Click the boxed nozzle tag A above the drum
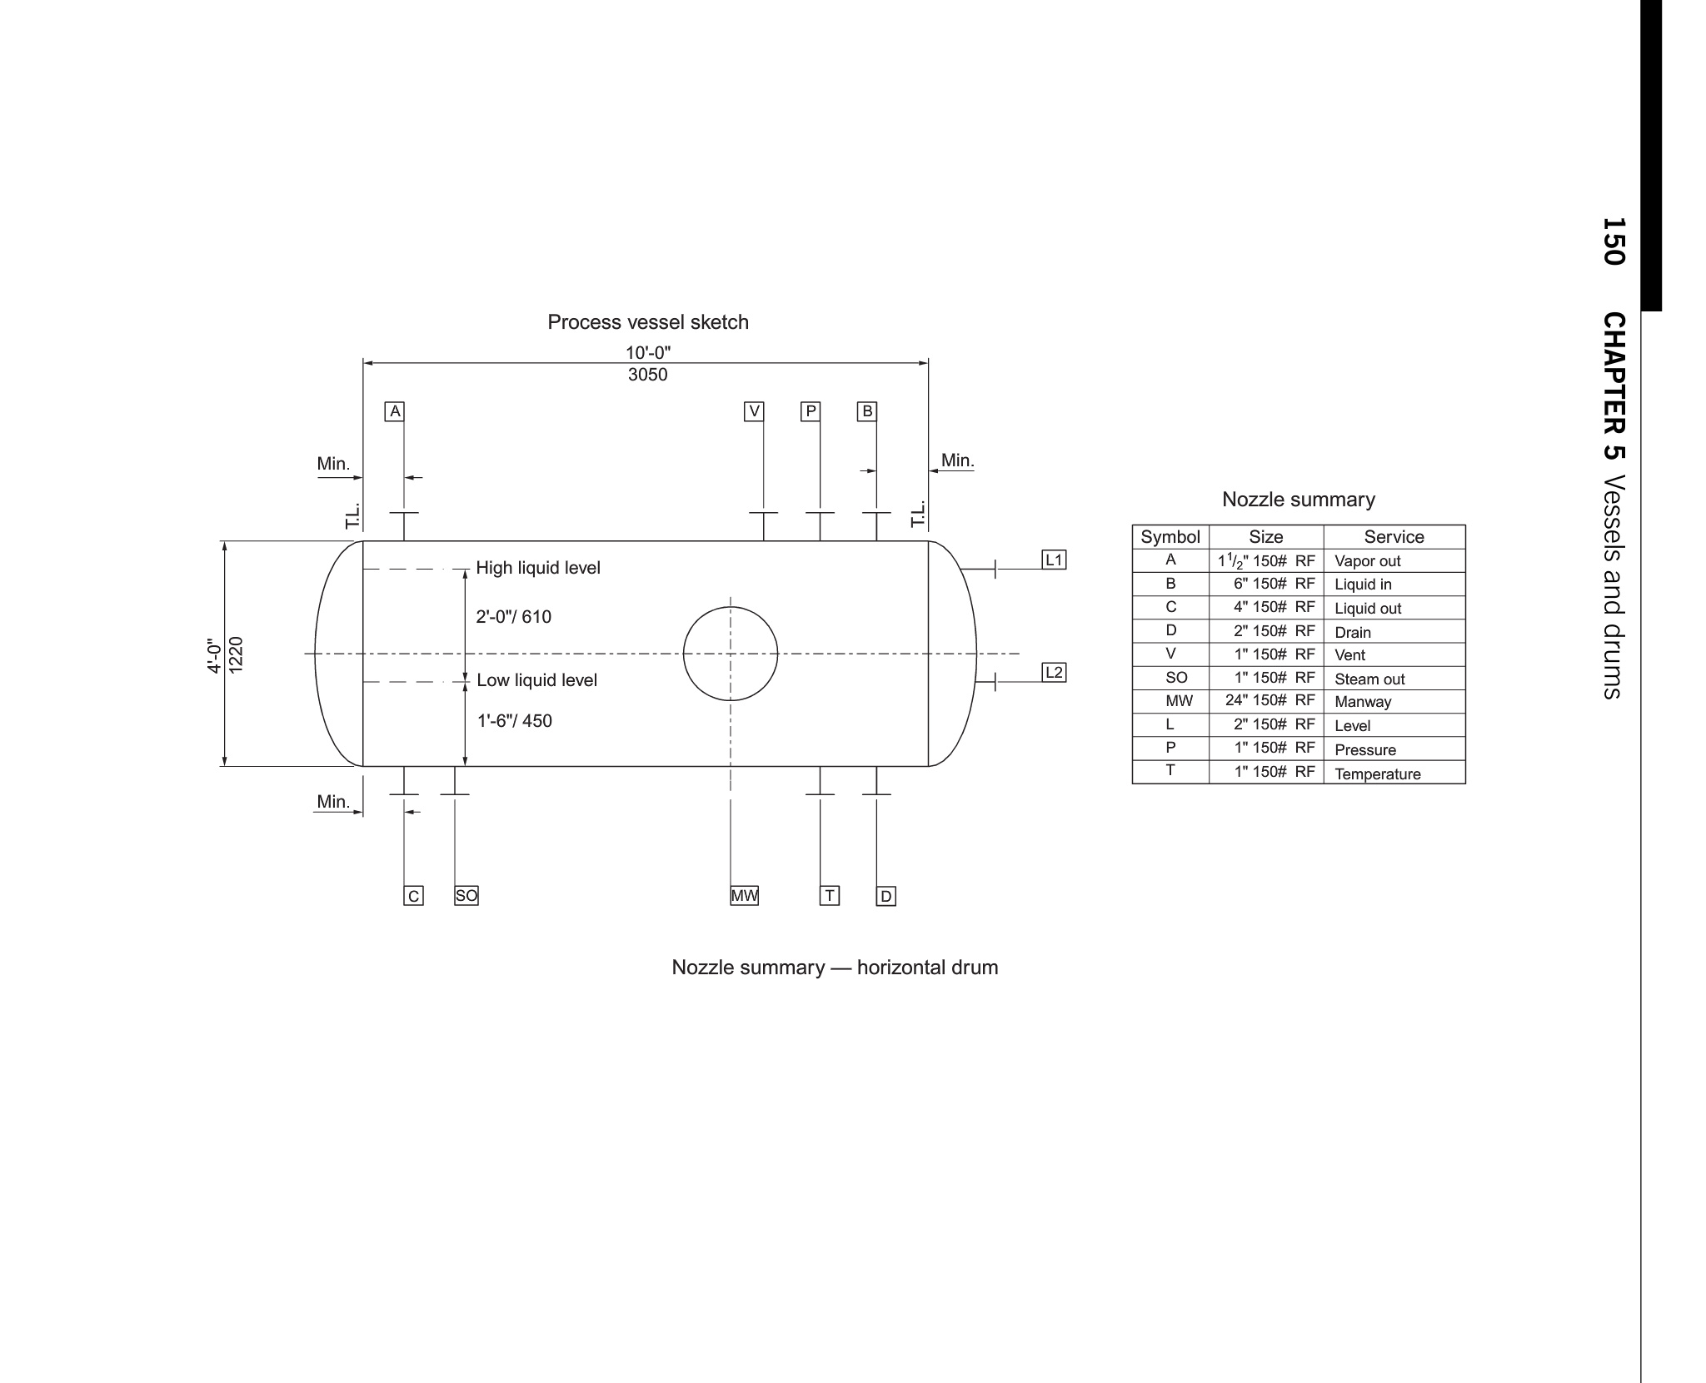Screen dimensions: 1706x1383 [x=395, y=411]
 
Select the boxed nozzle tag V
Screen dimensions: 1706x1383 [x=754, y=411]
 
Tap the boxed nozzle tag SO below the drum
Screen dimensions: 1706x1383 [x=466, y=896]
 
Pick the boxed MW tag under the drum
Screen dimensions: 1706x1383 [x=745, y=896]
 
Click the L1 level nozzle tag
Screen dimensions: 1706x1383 [x=1055, y=560]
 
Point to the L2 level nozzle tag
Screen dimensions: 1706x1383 [x=1055, y=672]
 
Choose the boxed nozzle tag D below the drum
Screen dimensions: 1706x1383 [x=886, y=896]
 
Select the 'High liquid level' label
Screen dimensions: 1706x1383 [x=538, y=568]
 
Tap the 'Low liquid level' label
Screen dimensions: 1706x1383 [x=537, y=680]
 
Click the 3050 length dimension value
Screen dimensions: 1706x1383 [x=648, y=375]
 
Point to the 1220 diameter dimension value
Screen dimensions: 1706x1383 [x=237, y=654]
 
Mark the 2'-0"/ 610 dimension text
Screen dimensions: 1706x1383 [x=514, y=617]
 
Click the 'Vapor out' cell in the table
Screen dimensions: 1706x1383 [x=1368, y=561]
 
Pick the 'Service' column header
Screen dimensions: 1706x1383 [x=1394, y=537]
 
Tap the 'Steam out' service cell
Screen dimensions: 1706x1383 [x=1369, y=679]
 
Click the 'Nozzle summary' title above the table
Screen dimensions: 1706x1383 [x=1299, y=500]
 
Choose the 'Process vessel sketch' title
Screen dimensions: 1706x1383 [x=648, y=322]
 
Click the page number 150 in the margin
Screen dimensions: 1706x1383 [x=1614, y=241]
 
